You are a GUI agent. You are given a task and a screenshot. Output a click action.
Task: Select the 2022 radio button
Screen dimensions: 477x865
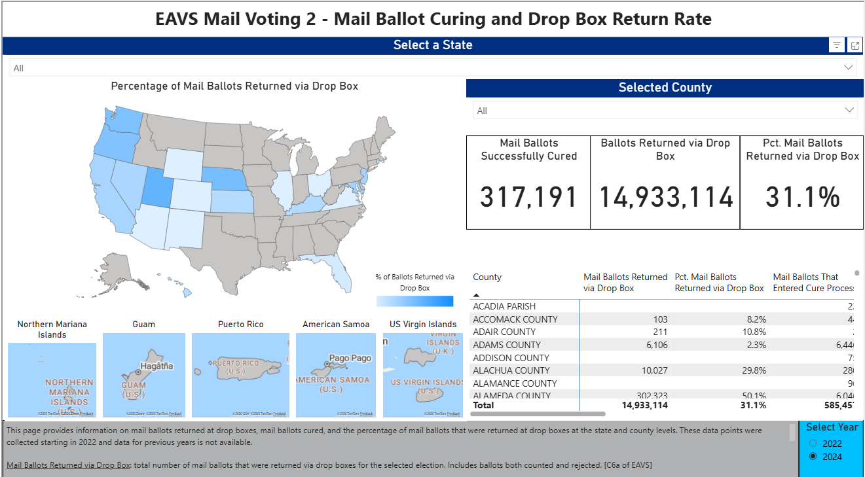click(813, 443)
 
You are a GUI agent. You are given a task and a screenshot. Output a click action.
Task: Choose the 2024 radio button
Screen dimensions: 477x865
click(813, 457)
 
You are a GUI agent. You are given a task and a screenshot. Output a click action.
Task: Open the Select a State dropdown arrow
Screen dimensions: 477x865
click(849, 68)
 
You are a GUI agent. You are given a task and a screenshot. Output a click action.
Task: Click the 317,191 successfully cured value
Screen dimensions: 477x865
click(528, 198)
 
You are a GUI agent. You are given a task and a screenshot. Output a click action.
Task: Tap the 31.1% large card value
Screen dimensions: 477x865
click(802, 198)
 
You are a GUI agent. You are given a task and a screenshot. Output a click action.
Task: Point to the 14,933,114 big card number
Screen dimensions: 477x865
click(665, 198)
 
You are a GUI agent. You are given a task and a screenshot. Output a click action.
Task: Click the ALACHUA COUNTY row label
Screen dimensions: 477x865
click(511, 370)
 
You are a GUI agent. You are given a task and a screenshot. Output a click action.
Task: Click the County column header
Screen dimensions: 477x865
click(487, 277)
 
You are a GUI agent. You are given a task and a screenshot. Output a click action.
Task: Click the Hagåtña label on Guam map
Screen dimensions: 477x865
click(157, 366)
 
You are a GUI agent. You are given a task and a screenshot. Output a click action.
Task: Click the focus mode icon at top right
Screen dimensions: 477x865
click(855, 45)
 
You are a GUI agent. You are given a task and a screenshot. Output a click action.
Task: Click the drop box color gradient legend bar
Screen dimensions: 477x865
click(414, 301)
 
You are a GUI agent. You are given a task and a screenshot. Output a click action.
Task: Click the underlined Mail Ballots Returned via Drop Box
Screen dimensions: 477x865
click(69, 465)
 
